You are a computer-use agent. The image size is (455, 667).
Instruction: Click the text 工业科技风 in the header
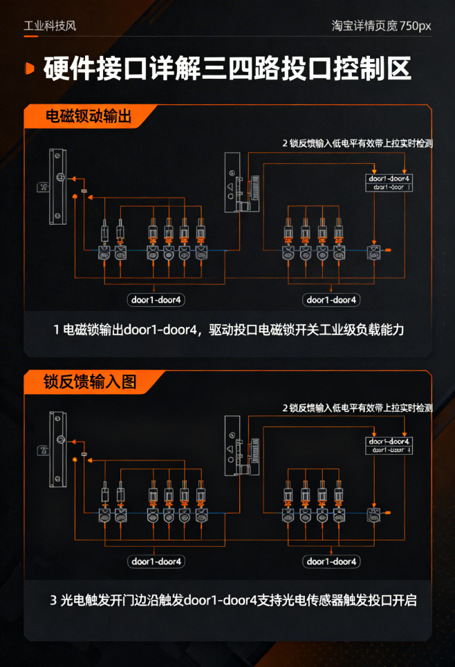50,26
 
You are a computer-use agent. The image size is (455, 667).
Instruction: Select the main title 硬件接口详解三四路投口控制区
227,69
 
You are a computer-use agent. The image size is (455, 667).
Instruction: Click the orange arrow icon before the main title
29,68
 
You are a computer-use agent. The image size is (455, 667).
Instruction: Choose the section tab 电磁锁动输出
88,116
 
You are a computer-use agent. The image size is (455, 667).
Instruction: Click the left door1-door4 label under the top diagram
157,300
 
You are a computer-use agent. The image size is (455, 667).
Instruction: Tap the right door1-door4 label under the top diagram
332,300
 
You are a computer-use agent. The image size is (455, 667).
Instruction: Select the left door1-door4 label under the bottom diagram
157,561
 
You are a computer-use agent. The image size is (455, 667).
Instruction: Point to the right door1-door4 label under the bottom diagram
332,561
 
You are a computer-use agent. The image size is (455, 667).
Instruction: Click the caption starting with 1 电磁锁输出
228,330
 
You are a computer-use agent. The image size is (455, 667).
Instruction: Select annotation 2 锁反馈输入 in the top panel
357,144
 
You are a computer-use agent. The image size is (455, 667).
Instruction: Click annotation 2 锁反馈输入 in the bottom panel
357,408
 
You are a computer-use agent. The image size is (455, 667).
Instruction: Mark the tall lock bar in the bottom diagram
57,449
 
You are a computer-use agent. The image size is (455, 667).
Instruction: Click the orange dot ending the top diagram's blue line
388,250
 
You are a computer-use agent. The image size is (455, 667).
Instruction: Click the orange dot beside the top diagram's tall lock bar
74,200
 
